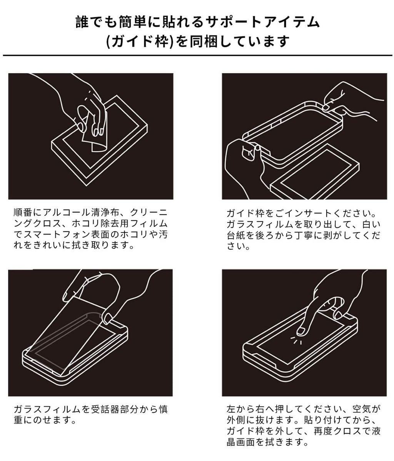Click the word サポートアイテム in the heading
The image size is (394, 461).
pos(263,22)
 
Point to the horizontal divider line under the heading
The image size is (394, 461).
pos(197,55)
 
